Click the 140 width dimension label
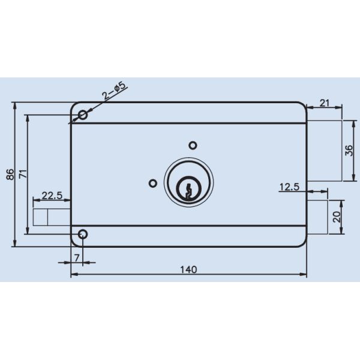click(188, 269)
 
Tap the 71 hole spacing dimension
click(22, 175)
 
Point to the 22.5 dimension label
click(51, 196)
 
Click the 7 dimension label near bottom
click(76, 257)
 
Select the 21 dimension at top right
click(324, 103)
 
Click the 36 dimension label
click(350, 151)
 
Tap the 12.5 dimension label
click(289, 187)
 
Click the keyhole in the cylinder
click(189, 190)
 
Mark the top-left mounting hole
click(82, 115)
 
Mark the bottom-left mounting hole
click(82, 234)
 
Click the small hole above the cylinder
click(193, 145)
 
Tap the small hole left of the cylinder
click(153, 182)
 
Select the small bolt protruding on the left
click(51, 217)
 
